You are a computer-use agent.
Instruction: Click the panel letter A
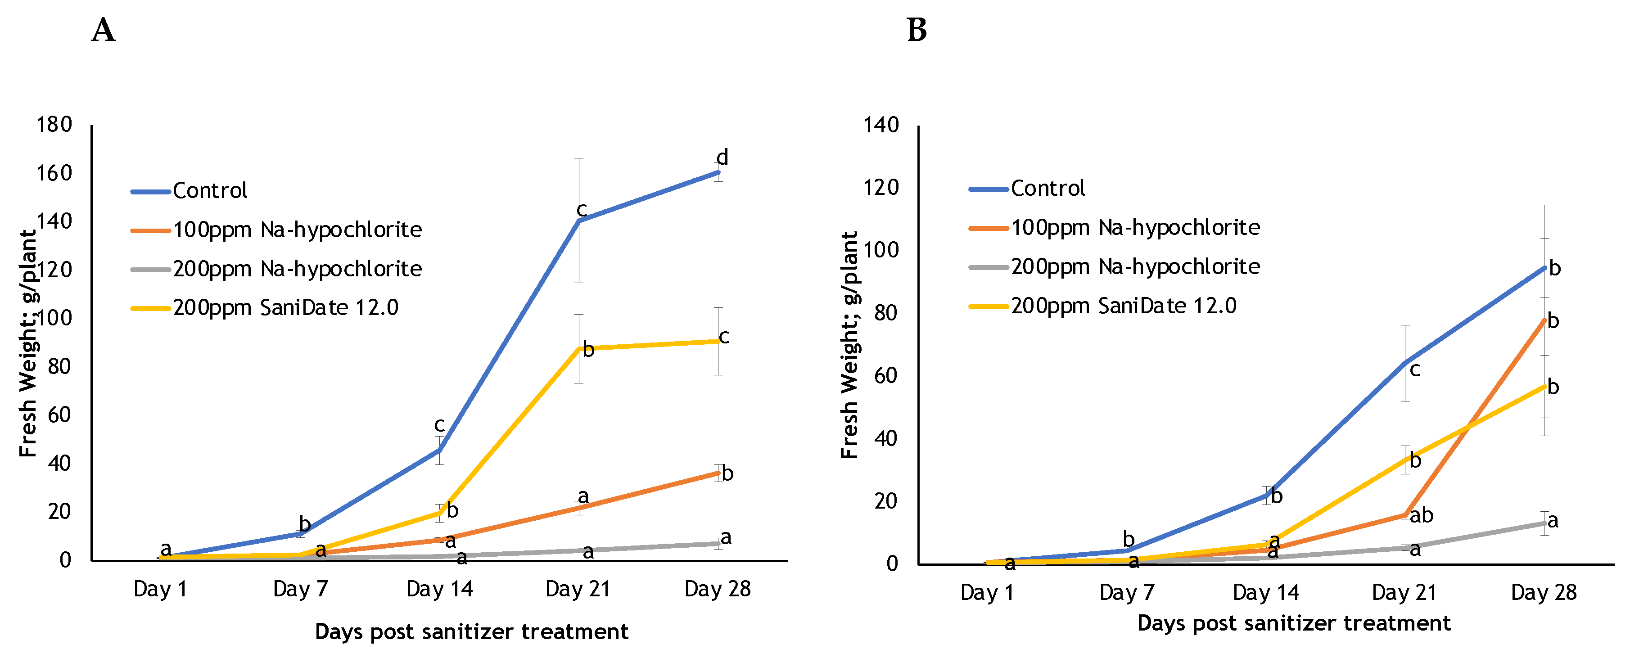103,30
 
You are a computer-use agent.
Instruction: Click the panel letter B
917,30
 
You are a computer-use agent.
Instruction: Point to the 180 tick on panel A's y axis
54,125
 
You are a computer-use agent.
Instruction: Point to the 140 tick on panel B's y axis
881,125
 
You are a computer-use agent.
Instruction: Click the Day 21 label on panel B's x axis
1404,593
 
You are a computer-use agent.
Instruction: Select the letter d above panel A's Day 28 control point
722,158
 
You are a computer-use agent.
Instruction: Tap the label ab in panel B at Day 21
1421,515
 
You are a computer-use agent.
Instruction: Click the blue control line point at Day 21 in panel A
579,220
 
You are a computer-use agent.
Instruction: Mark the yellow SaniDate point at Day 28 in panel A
718,341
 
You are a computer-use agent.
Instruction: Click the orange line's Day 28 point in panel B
1544,320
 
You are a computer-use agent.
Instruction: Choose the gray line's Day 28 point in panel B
1544,523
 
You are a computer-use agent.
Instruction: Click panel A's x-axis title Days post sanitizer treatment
471,632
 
